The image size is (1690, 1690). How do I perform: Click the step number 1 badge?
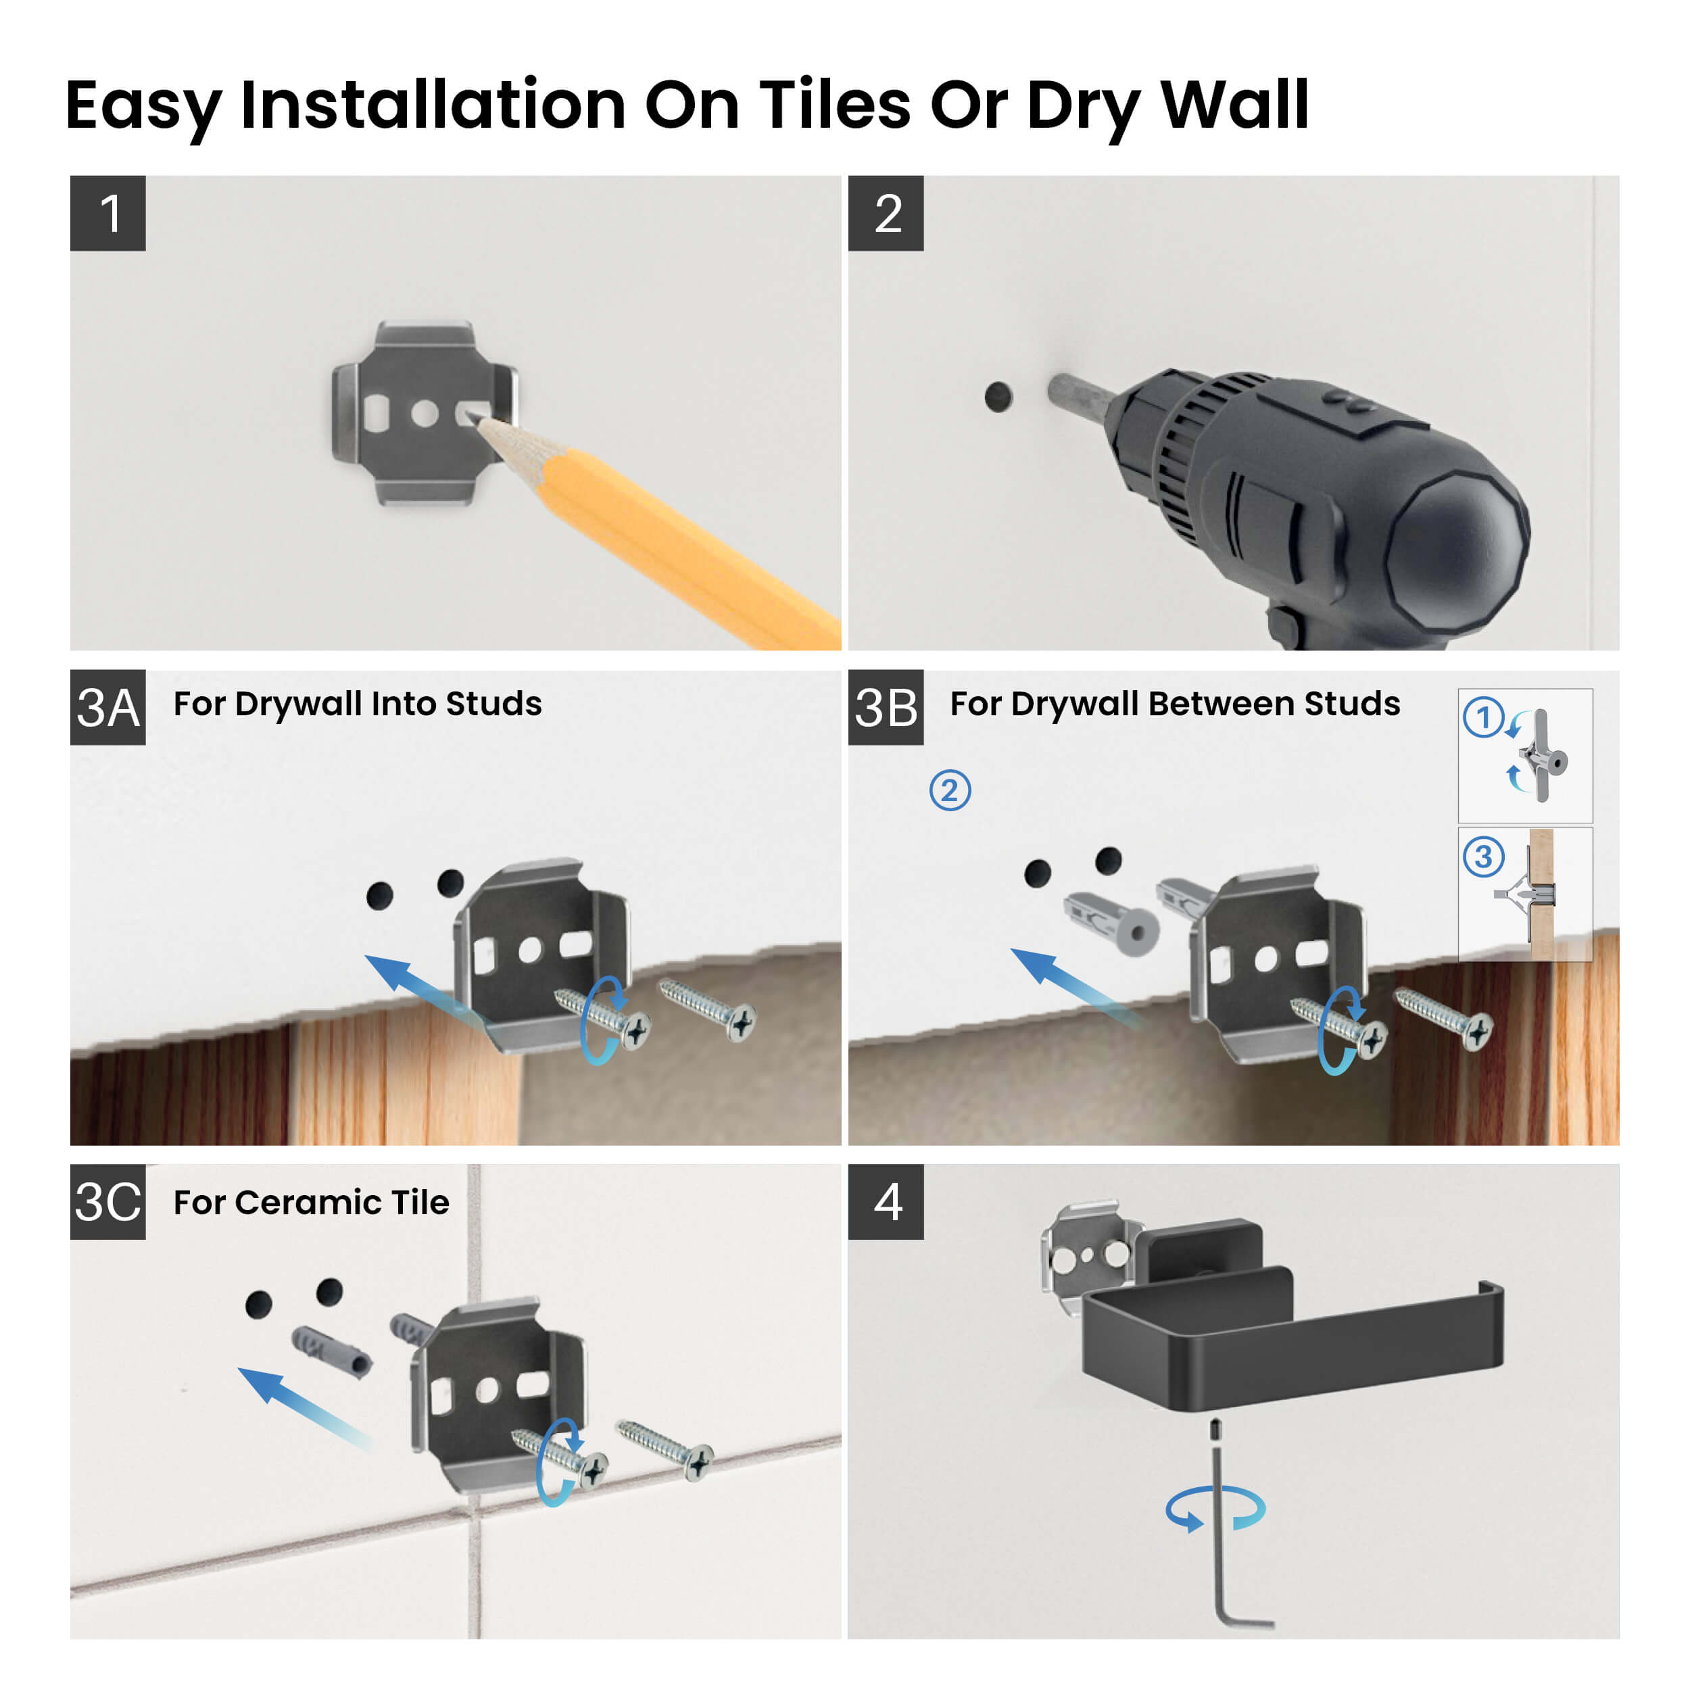click(107, 214)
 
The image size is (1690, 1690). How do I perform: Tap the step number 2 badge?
click(886, 214)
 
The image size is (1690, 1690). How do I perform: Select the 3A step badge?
click(107, 707)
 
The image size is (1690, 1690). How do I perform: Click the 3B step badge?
click(886, 707)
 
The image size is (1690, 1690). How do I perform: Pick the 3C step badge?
click(107, 1201)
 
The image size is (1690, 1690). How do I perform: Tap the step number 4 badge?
click(886, 1201)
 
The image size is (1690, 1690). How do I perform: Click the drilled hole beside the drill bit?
click(998, 396)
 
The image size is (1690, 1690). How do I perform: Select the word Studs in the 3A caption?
click(493, 703)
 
